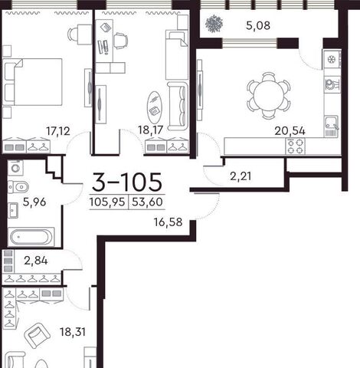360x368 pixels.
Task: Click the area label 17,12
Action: click(x=58, y=131)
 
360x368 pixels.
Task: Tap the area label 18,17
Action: click(x=150, y=130)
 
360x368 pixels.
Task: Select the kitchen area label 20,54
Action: click(x=290, y=131)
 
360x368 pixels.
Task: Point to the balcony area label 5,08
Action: click(x=258, y=25)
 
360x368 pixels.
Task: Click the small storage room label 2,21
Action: click(x=241, y=176)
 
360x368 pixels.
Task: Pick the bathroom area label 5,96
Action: click(x=34, y=202)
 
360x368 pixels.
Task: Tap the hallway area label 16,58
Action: click(x=168, y=222)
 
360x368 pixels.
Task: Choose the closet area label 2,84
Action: click(x=36, y=261)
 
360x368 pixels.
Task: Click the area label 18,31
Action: click(x=73, y=332)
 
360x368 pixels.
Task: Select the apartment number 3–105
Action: click(x=127, y=182)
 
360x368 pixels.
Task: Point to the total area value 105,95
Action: click(x=107, y=202)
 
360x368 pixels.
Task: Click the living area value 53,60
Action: click(x=147, y=202)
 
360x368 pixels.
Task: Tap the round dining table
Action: click(x=269, y=96)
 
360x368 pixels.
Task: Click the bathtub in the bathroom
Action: click(x=31, y=237)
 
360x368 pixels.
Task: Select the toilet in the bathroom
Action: click(x=18, y=187)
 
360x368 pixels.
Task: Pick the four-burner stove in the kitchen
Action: click(x=296, y=146)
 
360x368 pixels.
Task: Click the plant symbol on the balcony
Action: click(x=214, y=25)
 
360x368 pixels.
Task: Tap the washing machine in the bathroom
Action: click(x=15, y=168)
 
